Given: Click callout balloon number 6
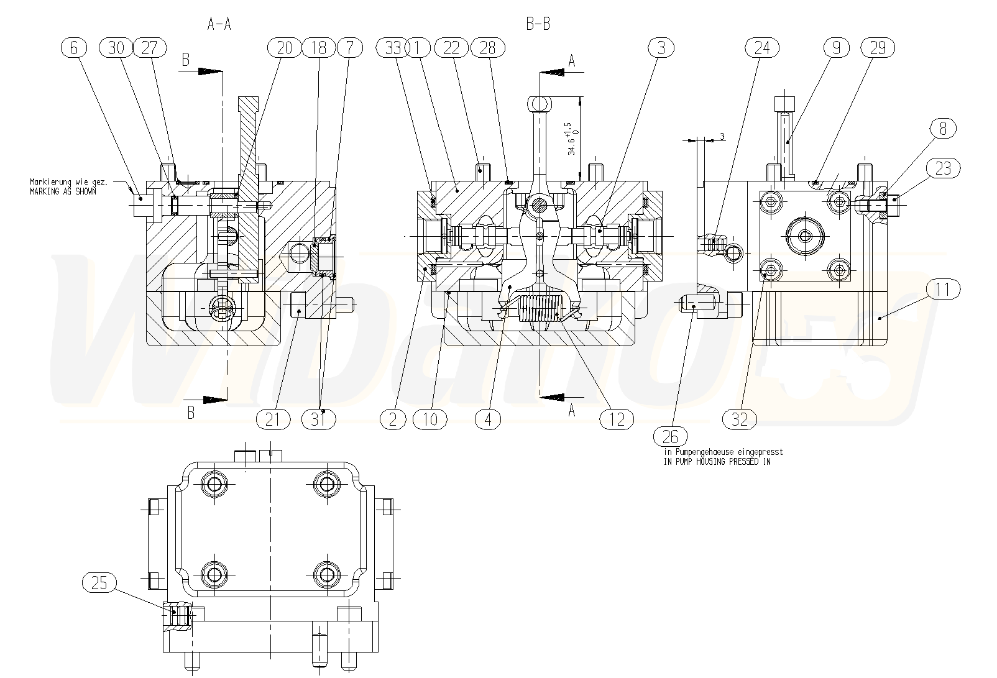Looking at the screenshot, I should (75, 48).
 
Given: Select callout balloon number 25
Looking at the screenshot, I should (99, 582).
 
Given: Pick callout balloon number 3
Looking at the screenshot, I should (661, 48).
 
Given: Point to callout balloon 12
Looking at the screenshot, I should (616, 419).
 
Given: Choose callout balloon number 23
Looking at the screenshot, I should (943, 168).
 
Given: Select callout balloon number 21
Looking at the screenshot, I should (273, 419).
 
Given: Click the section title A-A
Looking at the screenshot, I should (219, 24).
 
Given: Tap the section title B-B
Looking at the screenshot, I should (538, 24).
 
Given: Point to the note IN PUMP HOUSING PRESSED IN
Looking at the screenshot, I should (717, 462).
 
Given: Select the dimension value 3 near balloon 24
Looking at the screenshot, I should (722, 136).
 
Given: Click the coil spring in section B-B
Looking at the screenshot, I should (540, 309).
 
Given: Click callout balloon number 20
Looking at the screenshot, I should (284, 48).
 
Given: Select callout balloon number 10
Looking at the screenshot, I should (430, 419).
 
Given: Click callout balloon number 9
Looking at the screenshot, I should (837, 48).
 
